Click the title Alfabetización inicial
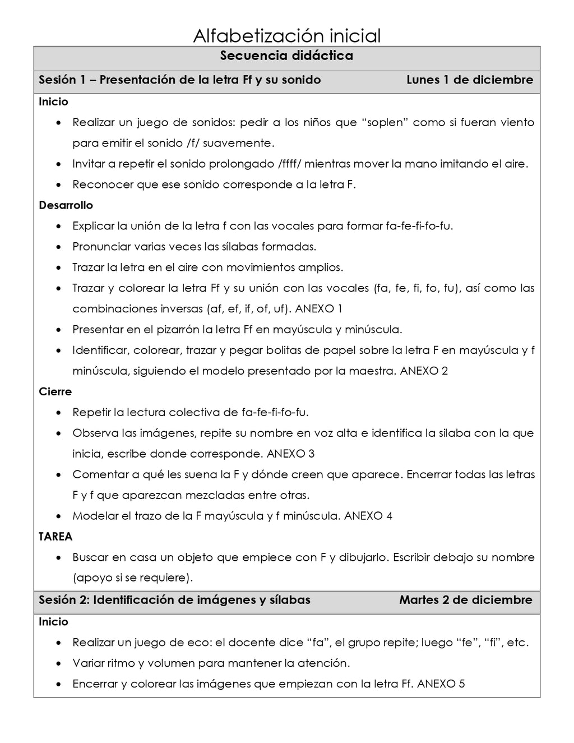click(x=286, y=36)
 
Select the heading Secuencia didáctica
click(x=286, y=56)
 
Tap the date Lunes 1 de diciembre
click(x=470, y=80)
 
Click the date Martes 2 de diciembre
click(x=465, y=600)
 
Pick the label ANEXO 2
click(x=424, y=371)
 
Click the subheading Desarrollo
click(x=66, y=205)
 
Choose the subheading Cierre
click(x=55, y=392)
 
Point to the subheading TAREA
click(x=55, y=537)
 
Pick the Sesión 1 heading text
click(x=179, y=80)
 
